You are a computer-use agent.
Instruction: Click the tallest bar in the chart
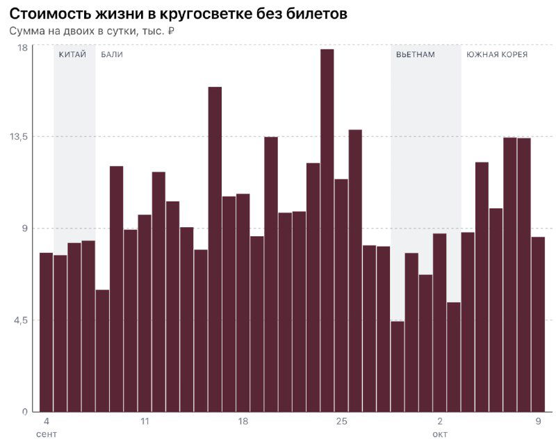(327, 229)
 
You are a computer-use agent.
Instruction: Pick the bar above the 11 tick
(145, 313)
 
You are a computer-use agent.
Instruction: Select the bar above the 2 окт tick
(439, 322)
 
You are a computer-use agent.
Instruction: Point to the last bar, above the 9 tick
(538, 324)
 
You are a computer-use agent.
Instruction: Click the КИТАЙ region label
(72, 55)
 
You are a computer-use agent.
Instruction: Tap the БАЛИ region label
(112, 55)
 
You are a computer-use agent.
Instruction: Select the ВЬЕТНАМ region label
(416, 55)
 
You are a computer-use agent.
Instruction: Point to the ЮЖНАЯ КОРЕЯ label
(497, 55)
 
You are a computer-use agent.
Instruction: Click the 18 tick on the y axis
(22, 47)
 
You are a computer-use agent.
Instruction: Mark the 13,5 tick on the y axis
(19, 137)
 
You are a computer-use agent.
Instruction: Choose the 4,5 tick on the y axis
(20, 320)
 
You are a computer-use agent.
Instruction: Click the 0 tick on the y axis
(24, 412)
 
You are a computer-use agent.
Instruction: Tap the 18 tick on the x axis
(243, 422)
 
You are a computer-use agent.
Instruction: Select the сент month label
(47, 434)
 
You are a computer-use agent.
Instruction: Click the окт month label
(440, 434)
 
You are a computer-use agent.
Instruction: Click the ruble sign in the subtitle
(171, 31)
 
